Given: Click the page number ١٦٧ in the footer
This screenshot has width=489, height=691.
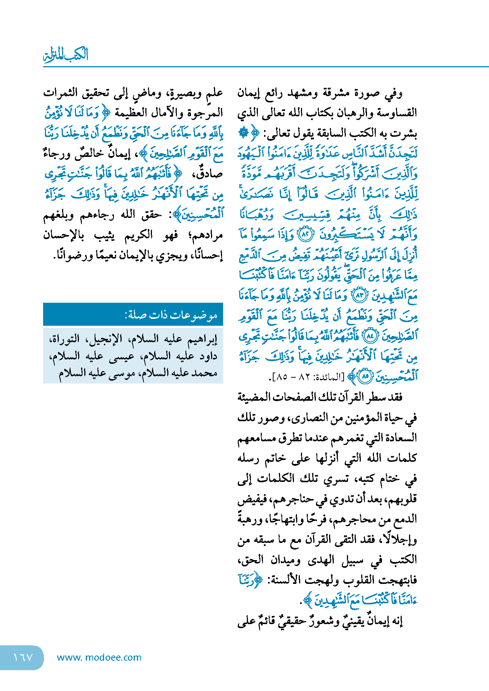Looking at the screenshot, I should (23, 657).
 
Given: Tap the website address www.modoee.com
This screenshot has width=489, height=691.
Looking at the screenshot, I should (99, 657).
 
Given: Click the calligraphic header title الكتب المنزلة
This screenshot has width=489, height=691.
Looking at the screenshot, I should (66, 55).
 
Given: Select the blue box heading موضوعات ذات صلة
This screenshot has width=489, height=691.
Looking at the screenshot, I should (171, 314).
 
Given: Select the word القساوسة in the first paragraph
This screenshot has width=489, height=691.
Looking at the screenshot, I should (398, 113).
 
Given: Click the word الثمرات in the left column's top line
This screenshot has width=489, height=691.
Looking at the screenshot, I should (61, 93).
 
